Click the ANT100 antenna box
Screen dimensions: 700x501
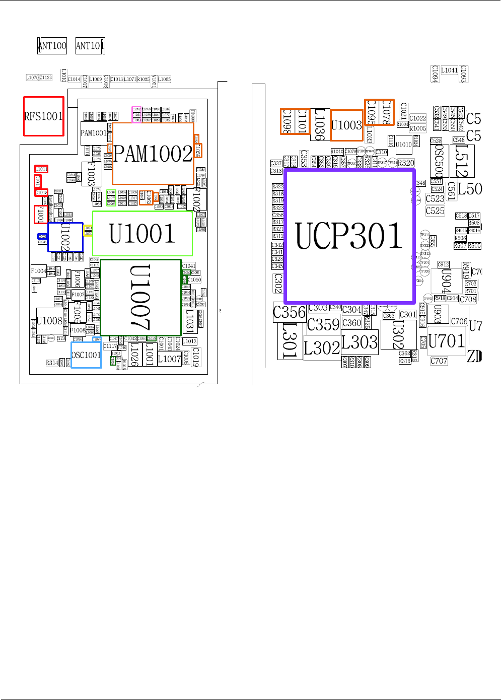[52, 46]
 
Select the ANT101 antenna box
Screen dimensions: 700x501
[90, 46]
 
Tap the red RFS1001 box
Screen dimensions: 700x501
[44, 116]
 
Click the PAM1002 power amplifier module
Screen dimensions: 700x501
[153, 154]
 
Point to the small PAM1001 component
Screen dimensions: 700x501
[93, 133]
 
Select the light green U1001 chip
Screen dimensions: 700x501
[142, 234]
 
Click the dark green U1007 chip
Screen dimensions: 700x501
[140, 298]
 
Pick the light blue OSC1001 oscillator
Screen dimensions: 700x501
[86, 355]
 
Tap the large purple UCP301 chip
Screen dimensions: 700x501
[349, 236]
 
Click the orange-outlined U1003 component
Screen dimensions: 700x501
[346, 125]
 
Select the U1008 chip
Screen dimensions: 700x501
[49, 321]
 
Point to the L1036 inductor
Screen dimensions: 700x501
[320, 124]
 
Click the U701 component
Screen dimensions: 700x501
[447, 341]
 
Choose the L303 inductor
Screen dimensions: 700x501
[360, 342]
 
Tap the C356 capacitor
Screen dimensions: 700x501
[289, 312]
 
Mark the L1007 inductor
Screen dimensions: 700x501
[169, 359]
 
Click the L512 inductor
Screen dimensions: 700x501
[462, 161]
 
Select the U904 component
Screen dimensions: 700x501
[446, 281]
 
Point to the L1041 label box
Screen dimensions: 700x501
[449, 71]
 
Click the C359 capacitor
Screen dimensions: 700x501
[323, 324]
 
